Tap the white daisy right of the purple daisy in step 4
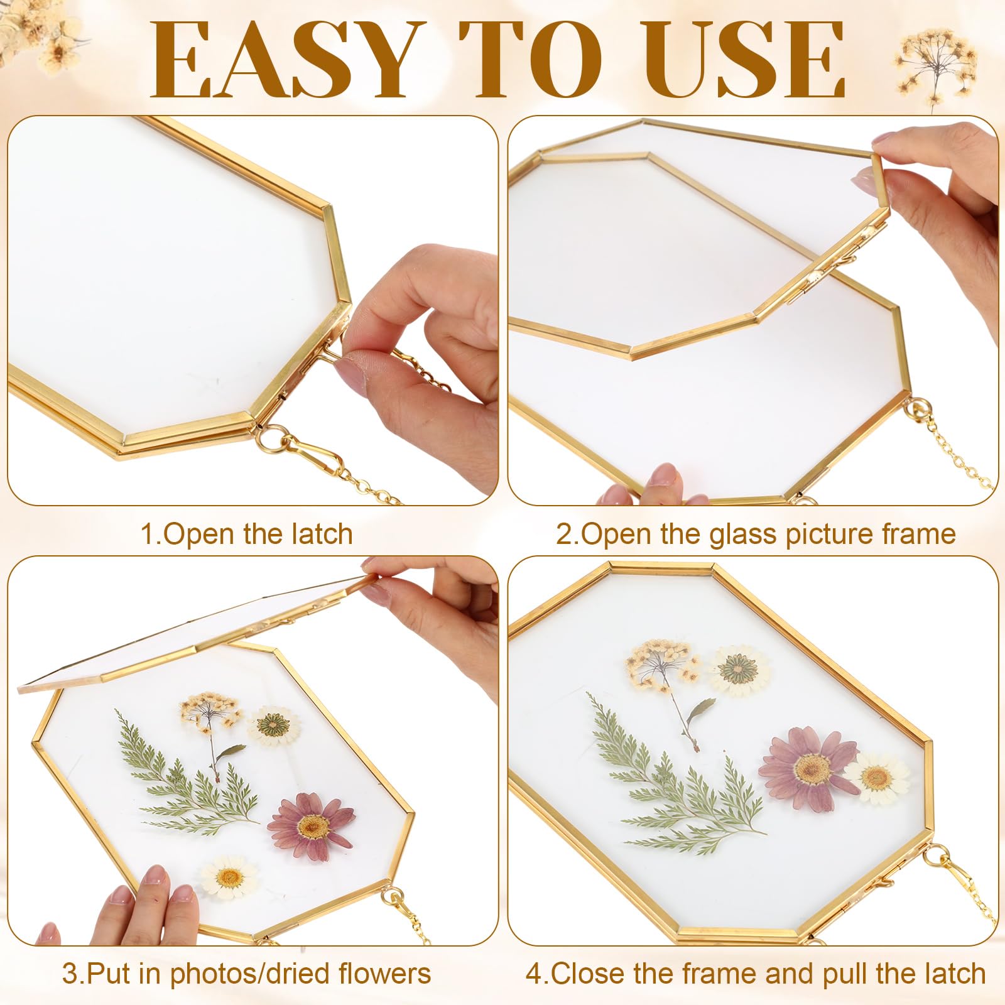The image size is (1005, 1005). [877, 778]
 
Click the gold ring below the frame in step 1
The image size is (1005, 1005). [272, 438]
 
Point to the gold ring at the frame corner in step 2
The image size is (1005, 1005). [918, 409]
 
